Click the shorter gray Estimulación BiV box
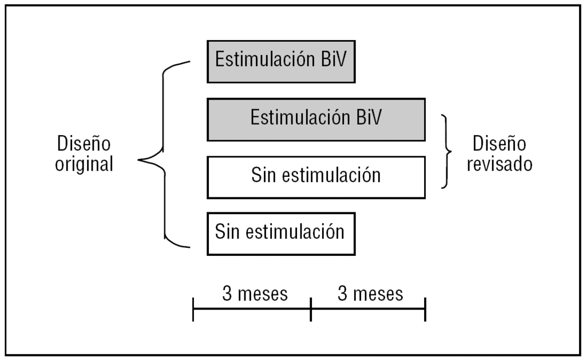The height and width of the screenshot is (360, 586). [x=281, y=61]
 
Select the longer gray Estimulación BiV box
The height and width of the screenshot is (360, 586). [x=316, y=119]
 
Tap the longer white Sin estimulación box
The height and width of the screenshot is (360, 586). [x=316, y=177]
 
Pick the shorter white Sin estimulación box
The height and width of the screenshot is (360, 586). [x=281, y=234]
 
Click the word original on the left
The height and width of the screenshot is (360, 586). [x=84, y=165]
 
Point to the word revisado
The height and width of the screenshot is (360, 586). [x=500, y=165]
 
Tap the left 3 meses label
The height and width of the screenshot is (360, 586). [x=255, y=294]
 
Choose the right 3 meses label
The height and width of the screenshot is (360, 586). [x=370, y=294]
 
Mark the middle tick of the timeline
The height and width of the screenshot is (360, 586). [x=311, y=309]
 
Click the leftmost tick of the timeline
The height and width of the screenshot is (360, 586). [x=193, y=309]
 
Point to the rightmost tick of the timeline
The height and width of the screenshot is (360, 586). [x=425, y=309]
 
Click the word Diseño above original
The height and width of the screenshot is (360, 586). [x=84, y=144]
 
